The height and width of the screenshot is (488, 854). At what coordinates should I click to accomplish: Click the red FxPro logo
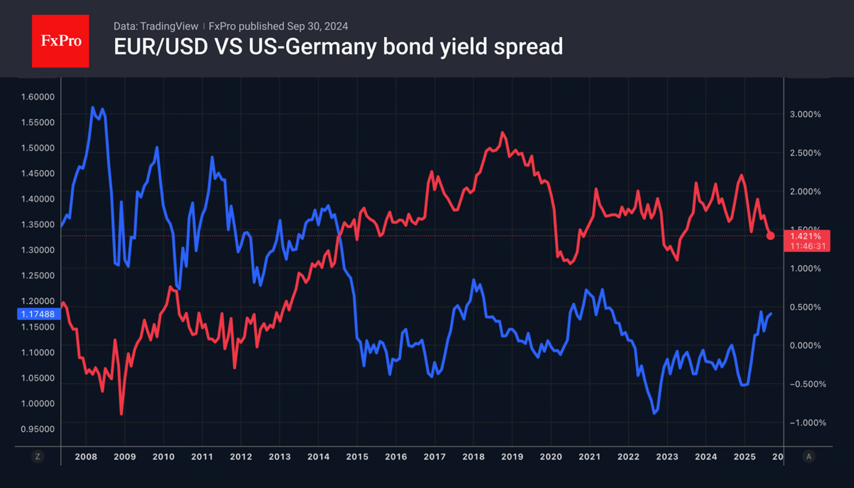(x=60, y=41)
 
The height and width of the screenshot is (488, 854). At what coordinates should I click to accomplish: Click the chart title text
(x=338, y=47)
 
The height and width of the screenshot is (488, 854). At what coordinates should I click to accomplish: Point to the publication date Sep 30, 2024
(x=317, y=26)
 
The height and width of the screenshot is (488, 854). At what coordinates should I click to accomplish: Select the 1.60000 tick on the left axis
(x=38, y=97)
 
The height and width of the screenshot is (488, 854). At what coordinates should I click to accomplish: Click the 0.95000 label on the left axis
(x=38, y=429)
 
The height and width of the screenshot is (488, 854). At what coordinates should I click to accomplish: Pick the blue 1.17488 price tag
(x=38, y=314)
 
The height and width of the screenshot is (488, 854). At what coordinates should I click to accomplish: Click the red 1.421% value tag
(x=806, y=236)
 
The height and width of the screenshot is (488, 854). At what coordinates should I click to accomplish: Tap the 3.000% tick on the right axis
(x=805, y=115)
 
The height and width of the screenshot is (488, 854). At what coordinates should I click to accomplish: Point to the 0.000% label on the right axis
(x=805, y=346)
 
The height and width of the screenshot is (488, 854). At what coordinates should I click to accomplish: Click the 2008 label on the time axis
(x=85, y=457)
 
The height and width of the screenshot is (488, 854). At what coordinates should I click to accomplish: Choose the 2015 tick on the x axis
(x=357, y=457)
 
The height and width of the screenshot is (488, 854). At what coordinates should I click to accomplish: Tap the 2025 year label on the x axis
(x=744, y=457)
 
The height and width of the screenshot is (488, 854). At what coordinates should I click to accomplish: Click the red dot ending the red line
(x=770, y=235)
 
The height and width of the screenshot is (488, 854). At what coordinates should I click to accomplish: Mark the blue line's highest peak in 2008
(x=93, y=107)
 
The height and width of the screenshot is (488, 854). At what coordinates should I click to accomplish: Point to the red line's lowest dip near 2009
(x=121, y=414)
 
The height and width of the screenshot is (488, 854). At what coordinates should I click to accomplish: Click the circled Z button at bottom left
(x=38, y=456)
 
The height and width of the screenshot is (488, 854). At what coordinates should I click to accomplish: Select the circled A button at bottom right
(x=808, y=456)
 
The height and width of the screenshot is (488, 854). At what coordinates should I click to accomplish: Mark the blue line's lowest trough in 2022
(x=655, y=413)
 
